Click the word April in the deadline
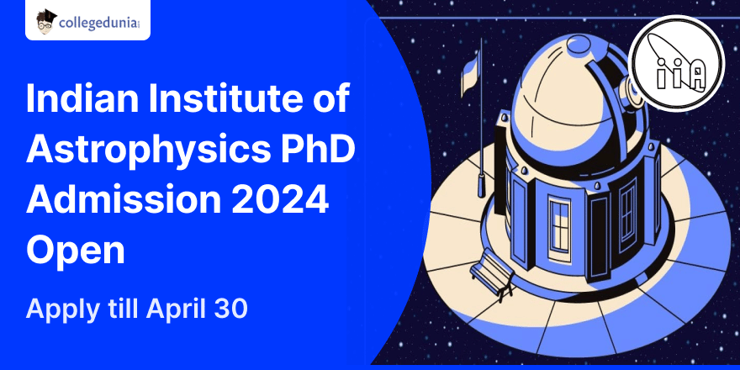click(175, 310)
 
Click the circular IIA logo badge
click(676, 63)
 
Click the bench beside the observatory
click(491, 274)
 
